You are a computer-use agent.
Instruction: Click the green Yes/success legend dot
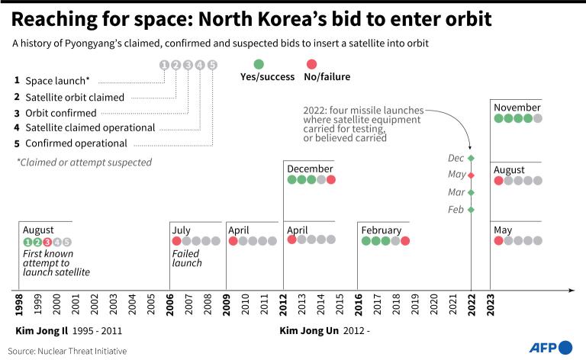coord(259,65)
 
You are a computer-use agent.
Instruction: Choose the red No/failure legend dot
coord(311,65)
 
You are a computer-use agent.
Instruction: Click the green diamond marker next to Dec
coord(472,158)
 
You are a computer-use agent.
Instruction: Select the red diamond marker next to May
coord(472,175)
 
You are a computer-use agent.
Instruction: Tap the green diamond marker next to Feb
coord(472,209)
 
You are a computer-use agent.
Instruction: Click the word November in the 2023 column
coord(517,107)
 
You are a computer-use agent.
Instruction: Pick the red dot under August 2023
coord(499,181)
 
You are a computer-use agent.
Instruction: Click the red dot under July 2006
coord(176,241)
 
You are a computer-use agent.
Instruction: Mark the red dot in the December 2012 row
coord(330,180)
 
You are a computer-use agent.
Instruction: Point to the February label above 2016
coord(382,230)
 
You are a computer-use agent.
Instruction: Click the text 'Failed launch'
coord(187,258)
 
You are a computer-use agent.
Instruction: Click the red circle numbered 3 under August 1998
coord(47,242)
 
